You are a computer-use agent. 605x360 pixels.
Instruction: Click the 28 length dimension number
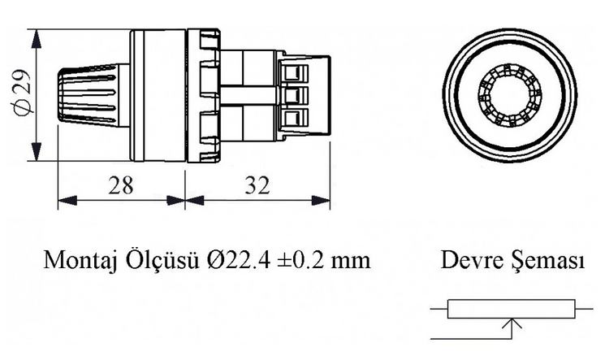click(121, 185)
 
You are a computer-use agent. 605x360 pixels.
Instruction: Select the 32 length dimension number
click(257, 185)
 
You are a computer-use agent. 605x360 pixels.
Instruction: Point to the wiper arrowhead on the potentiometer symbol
click(512, 323)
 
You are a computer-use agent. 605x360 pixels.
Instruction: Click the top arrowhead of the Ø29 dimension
click(37, 39)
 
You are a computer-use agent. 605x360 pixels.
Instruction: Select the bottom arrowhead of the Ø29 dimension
click(37, 151)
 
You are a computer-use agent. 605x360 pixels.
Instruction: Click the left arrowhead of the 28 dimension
click(67, 201)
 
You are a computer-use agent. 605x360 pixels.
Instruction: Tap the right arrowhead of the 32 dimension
click(321, 201)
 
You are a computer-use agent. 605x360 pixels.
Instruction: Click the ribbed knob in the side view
click(93, 96)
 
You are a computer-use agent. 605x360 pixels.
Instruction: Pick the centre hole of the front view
click(509, 96)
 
